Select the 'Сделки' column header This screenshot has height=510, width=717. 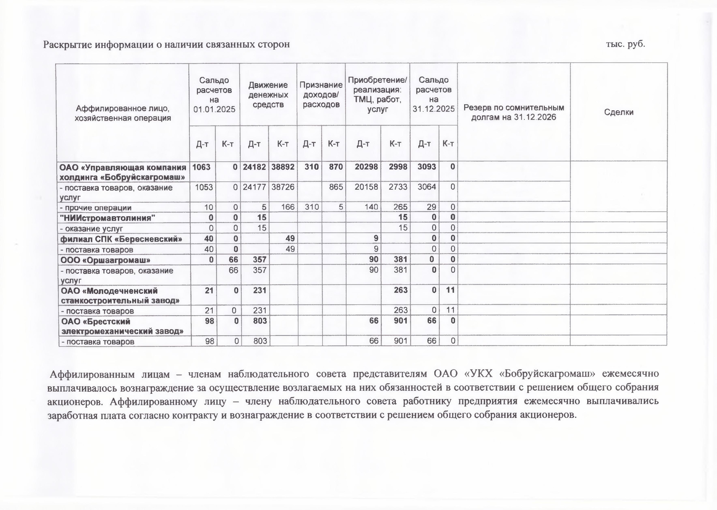(619, 112)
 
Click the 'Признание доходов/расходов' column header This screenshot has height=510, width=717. (321, 95)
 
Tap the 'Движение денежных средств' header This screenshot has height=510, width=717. (268, 95)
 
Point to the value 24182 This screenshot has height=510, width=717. (254, 167)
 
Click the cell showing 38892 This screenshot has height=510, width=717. (283, 167)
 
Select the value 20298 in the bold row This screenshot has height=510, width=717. (366, 167)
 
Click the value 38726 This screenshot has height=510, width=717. (283, 187)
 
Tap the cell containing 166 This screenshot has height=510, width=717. (288, 207)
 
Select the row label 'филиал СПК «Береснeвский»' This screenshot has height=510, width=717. (121, 239)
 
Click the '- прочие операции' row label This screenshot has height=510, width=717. (96, 208)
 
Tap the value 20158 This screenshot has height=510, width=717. (366, 187)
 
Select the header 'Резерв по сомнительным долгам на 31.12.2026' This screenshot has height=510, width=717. (514, 112)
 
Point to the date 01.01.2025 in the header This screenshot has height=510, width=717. (214, 109)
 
